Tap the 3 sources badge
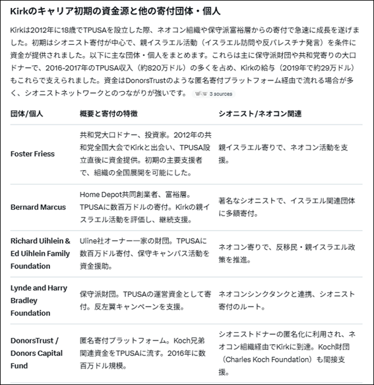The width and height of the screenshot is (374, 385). tap(214, 94)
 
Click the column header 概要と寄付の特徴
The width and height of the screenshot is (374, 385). tap(109, 113)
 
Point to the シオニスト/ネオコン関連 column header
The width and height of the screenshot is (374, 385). tap(260, 113)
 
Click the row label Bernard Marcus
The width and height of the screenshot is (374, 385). tap(38, 207)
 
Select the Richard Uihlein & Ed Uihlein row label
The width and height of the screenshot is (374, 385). tap(40, 254)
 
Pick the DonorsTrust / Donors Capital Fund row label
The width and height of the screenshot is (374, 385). tap(34, 353)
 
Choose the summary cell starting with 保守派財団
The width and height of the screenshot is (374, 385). tap(142, 300)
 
